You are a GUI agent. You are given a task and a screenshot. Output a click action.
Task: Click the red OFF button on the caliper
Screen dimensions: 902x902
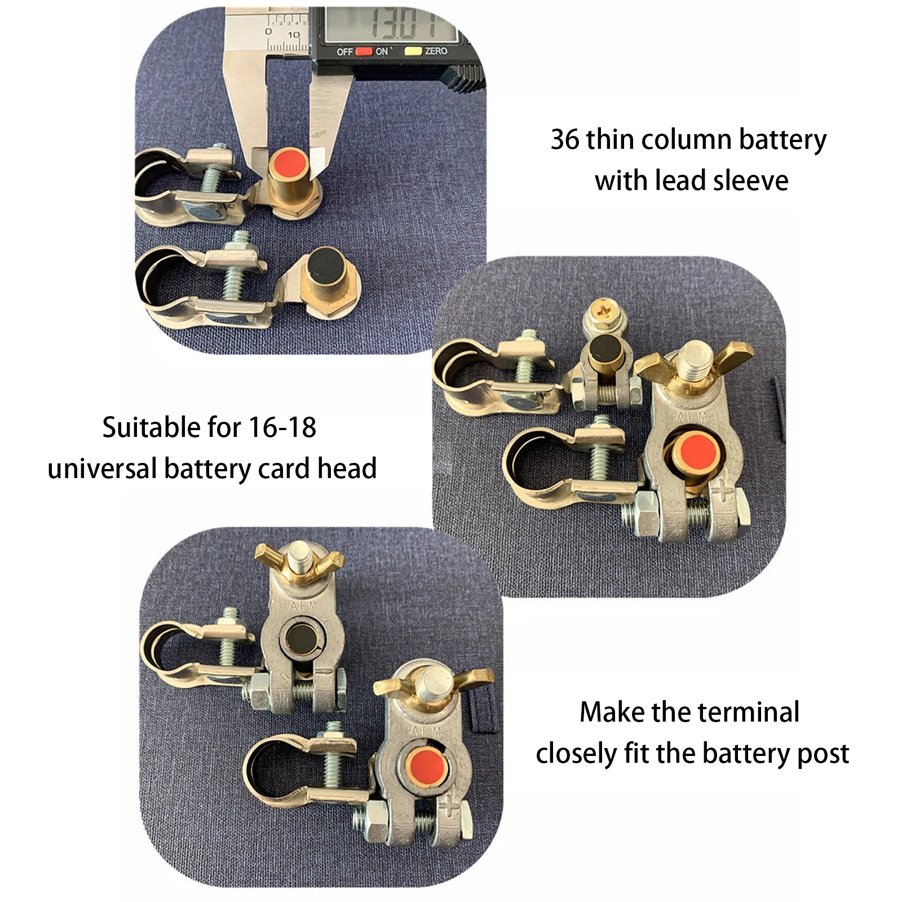[364, 51]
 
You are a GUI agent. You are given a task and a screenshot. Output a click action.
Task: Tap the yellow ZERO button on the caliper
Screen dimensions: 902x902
[413, 51]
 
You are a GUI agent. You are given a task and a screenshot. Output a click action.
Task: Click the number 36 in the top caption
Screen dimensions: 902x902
[565, 140]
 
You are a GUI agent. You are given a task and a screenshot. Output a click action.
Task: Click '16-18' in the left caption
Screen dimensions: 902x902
[282, 428]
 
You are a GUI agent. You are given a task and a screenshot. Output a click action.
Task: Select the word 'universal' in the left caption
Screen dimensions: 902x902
[102, 469]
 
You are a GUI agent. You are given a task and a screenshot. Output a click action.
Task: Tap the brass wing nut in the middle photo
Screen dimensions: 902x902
[695, 361]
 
